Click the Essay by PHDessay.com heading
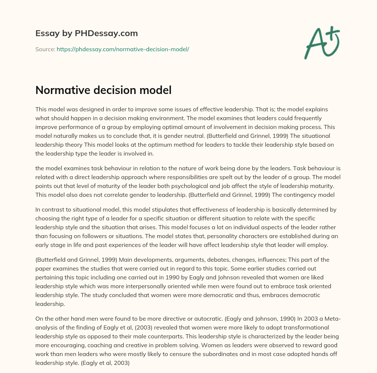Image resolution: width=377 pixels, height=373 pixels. [x=87, y=34]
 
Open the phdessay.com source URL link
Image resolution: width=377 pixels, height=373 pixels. [x=123, y=49]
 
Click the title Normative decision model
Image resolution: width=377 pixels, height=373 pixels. [x=103, y=90]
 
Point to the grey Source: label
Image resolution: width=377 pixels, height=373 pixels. [x=45, y=49]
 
